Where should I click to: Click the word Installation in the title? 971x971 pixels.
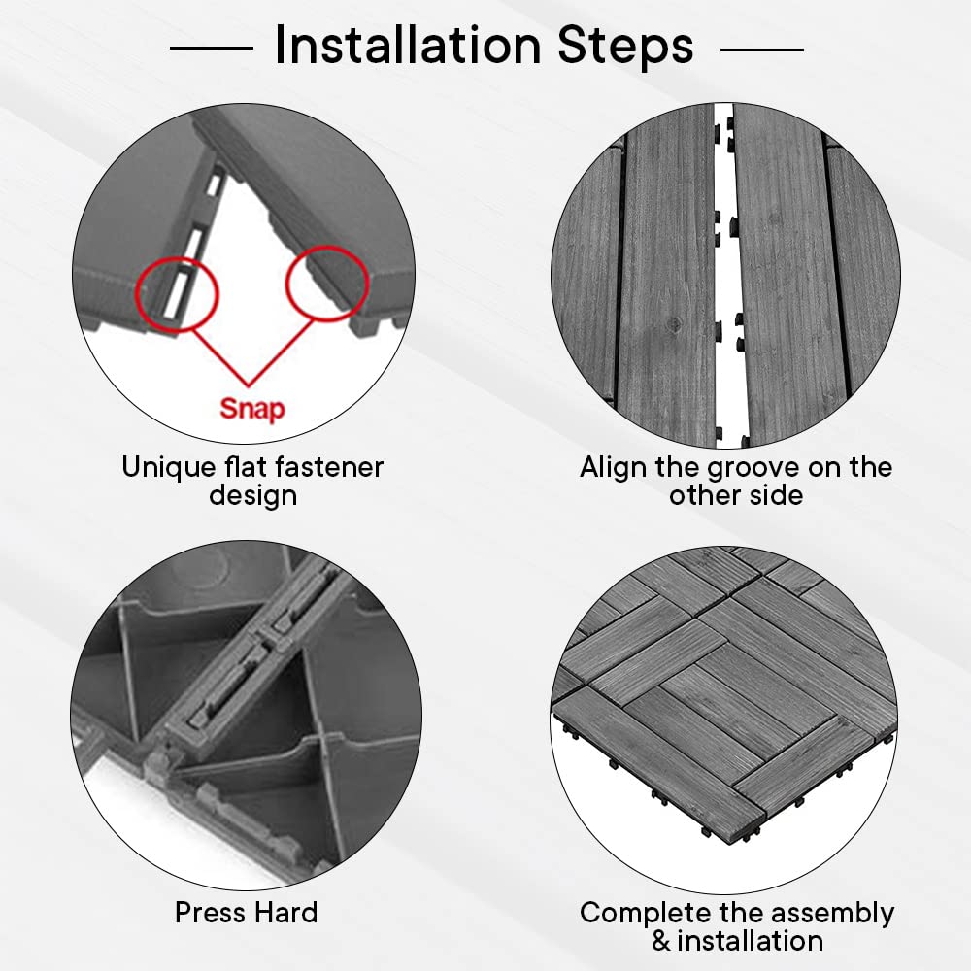tap(408, 45)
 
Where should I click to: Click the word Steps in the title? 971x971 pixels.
tap(625, 46)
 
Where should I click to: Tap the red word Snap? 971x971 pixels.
tap(252, 410)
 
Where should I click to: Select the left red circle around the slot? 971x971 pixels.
tap(177, 295)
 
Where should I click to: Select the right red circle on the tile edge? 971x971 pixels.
tap(327, 283)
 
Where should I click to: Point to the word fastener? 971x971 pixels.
tap(329, 467)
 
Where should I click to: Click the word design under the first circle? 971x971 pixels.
tap(252, 495)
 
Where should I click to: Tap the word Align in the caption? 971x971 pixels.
tap(613, 468)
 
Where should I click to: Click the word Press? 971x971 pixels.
tap(211, 912)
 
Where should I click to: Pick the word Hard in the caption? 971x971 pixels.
tap(286, 912)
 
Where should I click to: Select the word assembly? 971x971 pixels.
tap(833, 914)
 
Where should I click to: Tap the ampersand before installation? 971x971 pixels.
tap(661, 941)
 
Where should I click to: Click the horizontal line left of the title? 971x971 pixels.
tap(211, 47)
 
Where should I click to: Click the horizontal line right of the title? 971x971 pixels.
tap(762, 49)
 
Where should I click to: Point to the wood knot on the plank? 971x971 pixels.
tap(675, 322)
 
